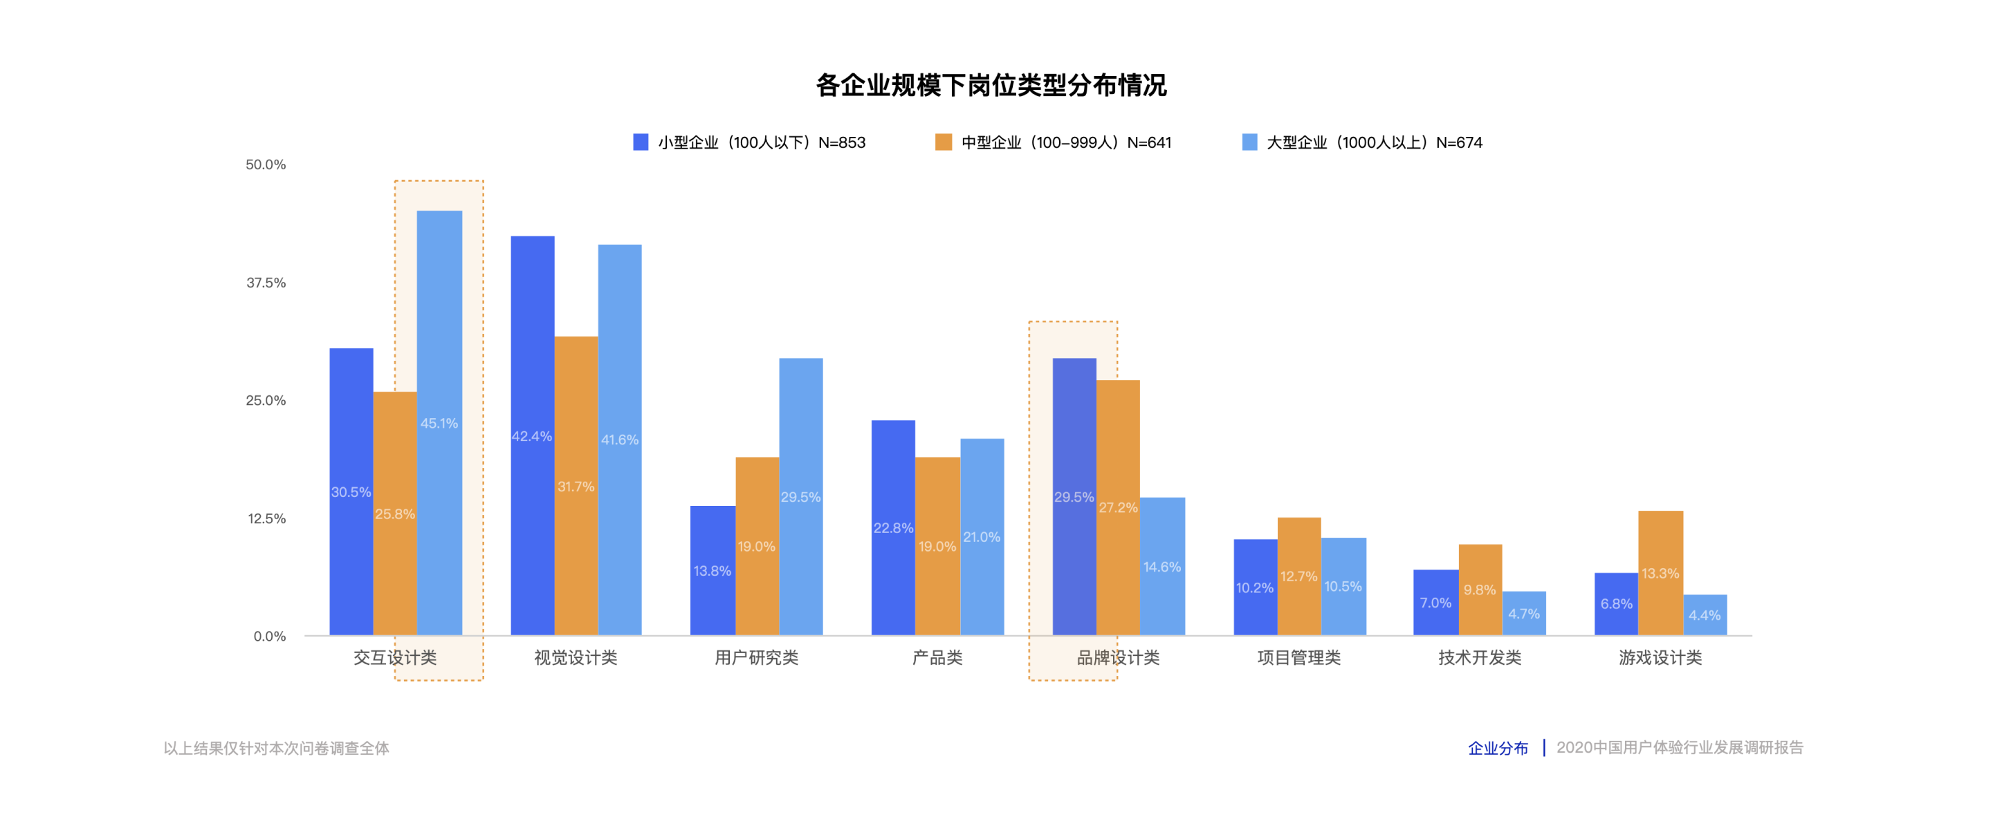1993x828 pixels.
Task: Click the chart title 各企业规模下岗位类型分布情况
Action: [x=991, y=85]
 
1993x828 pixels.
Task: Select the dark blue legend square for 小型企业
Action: [x=641, y=142]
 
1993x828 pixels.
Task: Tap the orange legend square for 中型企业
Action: [x=943, y=142]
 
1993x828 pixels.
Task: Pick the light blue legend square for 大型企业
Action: [x=1249, y=142]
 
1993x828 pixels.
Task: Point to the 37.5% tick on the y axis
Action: [x=266, y=283]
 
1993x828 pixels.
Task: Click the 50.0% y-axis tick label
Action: [x=266, y=164]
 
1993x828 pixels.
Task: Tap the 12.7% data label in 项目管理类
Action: [x=1298, y=576]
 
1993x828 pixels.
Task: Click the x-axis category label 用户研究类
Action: [x=756, y=658]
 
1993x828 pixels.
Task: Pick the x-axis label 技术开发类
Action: [x=1479, y=658]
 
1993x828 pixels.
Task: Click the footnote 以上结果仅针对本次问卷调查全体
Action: [x=276, y=749]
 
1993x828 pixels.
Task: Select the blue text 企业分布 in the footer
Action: [x=1498, y=749]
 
